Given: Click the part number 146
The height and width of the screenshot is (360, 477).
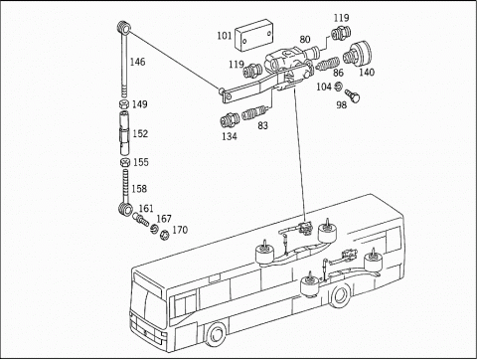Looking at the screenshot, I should pyautogui.click(x=138, y=62).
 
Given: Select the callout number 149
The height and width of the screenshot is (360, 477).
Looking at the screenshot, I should pyautogui.click(x=140, y=103).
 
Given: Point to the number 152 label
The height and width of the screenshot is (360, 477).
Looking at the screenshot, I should pyautogui.click(x=140, y=133).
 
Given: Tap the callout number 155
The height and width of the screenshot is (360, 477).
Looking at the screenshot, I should pyautogui.click(x=140, y=162).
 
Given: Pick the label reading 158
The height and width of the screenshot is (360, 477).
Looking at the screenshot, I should pyautogui.click(x=140, y=188).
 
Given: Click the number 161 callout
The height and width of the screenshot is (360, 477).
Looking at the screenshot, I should pyautogui.click(x=146, y=209).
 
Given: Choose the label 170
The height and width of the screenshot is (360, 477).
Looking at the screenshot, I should pyautogui.click(x=179, y=231).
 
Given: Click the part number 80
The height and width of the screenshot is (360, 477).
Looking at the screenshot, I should pyautogui.click(x=304, y=41).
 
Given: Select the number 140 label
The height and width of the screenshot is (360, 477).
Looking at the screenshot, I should pyautogui.click(x=367, y=72).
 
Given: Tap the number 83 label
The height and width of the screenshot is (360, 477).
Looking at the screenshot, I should pyautogui.click(x=262, y=125).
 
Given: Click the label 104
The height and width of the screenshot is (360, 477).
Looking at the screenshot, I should pyautogui.click(x=323, y=87).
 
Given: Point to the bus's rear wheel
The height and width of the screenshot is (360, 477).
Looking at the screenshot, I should pyautogui.click(x=342, y=295).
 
